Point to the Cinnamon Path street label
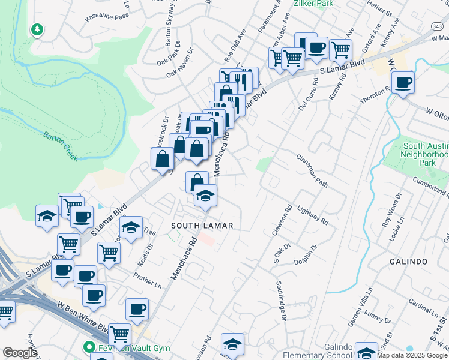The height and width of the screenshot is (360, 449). tap(312, 170)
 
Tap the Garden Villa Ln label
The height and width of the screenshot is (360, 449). tap(362, 302)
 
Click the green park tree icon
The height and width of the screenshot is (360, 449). tap(37, 29)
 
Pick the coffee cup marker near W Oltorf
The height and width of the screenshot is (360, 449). tap(403, 82)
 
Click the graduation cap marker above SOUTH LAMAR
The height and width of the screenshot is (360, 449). tap(205, 194)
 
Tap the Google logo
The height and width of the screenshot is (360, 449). tap(19, 353)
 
